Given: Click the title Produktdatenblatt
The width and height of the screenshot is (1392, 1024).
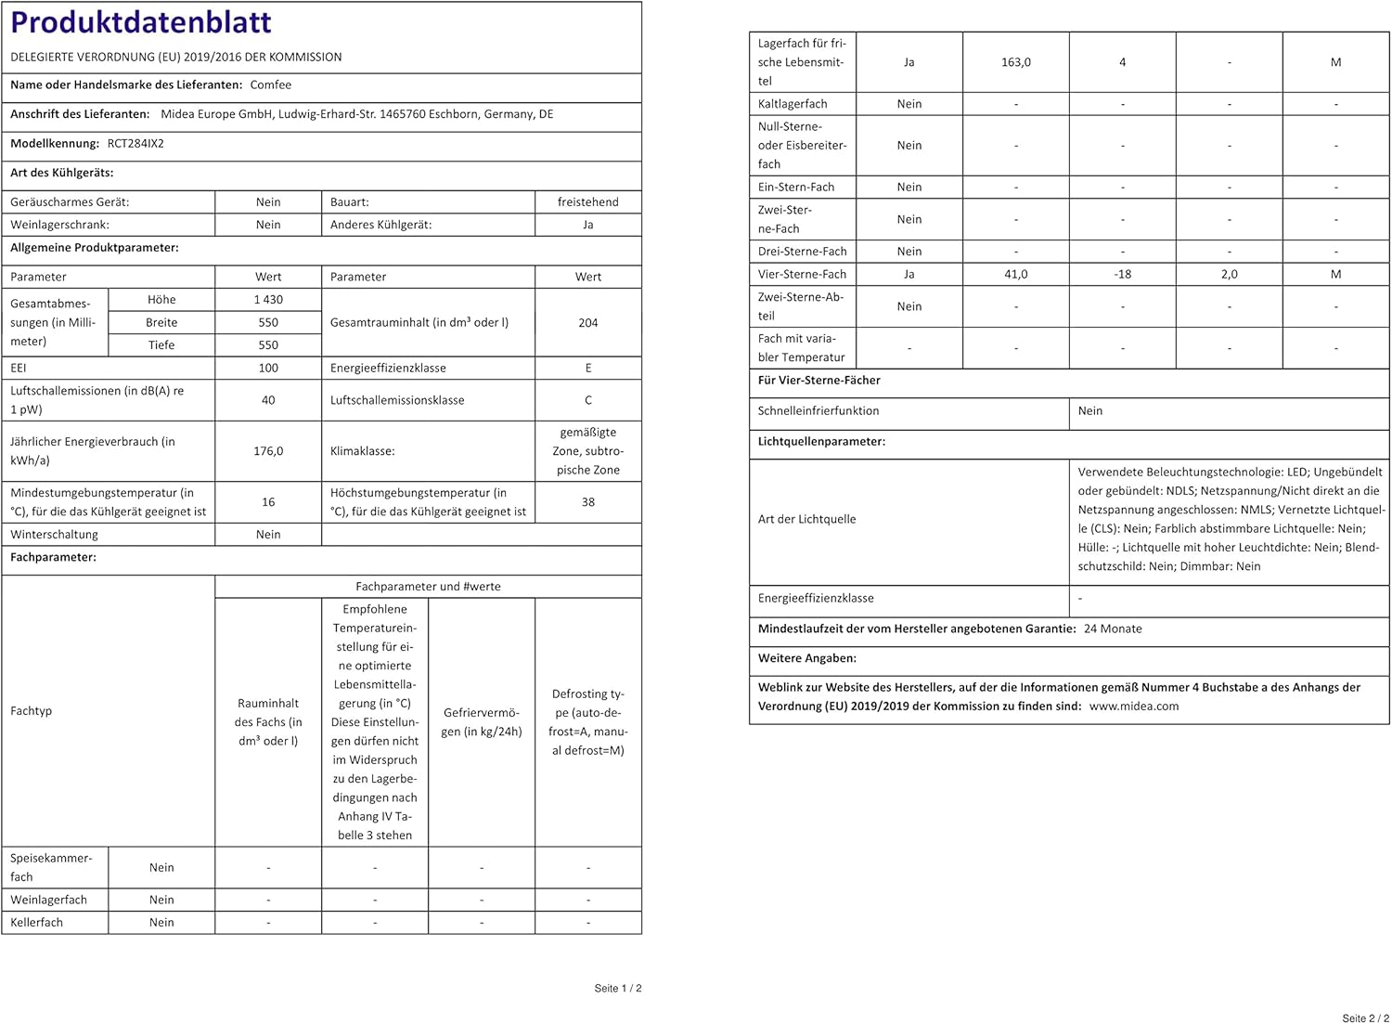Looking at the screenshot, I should coord(141,22).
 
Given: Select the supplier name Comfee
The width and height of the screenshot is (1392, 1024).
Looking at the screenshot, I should coord(271,84).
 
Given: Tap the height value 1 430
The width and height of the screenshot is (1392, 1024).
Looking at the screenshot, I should coord(268,300).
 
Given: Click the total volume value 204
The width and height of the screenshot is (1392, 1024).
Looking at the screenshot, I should coord(587,323).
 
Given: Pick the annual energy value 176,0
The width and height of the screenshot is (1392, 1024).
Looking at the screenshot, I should coord(268,451).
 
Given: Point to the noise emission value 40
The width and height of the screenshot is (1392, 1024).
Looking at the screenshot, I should coord(268,400).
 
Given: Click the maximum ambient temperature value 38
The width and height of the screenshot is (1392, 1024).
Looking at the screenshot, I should coord(587,502).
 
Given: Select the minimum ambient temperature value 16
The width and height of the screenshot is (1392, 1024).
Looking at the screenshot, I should coord(268,502).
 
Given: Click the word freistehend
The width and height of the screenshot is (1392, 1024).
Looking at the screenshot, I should coord(587,202).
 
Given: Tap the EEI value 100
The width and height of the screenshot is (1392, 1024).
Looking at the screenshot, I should coord(268,369).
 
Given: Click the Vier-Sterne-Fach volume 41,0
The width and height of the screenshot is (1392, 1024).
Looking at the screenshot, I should coord(1016,275).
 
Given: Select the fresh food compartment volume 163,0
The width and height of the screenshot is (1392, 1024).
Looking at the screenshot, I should coord(1016,62).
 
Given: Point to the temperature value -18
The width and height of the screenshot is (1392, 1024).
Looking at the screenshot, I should coord(1123,275).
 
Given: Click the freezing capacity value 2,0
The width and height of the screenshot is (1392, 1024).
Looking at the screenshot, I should coord(1229,275).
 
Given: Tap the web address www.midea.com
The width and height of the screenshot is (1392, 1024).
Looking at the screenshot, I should coord(1134,706).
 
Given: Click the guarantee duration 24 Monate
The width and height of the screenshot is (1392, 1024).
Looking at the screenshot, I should coord(1113,629).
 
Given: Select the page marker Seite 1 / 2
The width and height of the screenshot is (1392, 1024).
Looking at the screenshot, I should coord(618,989).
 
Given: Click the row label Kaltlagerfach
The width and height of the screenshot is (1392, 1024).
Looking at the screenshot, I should coord(793,104).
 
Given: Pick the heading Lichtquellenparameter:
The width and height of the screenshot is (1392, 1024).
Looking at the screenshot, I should coord(821,442).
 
